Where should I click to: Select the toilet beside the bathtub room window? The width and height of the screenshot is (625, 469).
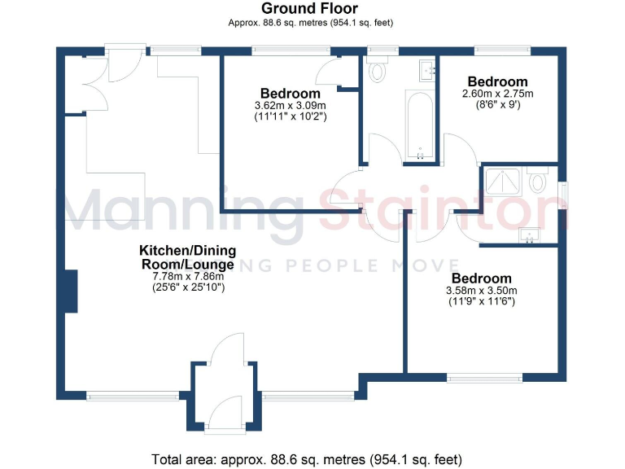pos(377,72)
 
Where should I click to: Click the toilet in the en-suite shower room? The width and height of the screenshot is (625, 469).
pos(537,180)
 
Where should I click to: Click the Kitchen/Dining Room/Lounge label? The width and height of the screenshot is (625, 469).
pos(186,257)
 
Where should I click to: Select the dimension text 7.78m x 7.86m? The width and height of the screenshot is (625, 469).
pos(186,277)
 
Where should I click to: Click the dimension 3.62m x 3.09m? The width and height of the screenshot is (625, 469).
pos(290,106)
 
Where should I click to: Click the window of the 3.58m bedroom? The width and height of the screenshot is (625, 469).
pos(485,377)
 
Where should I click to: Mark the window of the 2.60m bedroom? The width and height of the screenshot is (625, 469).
pos(498,50)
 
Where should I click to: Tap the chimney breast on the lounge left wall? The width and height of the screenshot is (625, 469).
pos(71,291)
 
